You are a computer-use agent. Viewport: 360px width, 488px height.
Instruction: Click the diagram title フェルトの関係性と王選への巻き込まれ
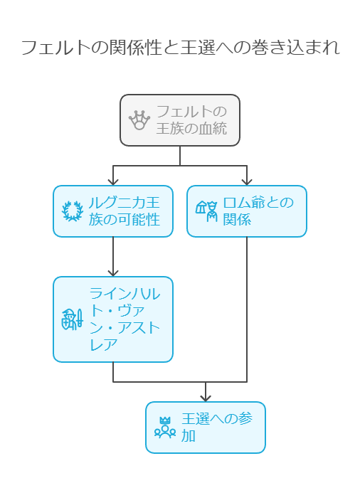point(180,48)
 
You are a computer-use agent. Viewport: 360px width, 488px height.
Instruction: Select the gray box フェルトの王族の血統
point(180,120)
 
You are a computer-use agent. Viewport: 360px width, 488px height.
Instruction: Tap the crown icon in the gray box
point(139,120)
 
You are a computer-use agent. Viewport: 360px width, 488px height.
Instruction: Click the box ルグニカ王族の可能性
point(113,211)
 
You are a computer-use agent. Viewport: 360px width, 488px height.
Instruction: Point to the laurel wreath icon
point(73,211)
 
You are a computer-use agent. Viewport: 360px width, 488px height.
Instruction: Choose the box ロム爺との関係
point(247,211)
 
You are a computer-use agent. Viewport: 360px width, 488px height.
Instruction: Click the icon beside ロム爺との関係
point(206,211)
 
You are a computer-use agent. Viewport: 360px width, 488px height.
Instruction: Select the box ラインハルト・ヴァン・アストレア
point(113,319)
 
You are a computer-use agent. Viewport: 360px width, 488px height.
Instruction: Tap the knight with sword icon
point(73,319)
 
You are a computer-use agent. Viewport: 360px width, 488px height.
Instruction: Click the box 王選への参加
point(206,428)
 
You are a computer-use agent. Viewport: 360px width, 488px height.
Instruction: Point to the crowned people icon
point(165,428)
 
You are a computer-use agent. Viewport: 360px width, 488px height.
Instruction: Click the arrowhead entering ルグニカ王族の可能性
point(113,182)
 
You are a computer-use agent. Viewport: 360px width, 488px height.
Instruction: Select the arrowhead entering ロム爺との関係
point(247,182)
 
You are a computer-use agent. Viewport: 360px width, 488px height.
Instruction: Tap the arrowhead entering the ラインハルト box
point(113,273)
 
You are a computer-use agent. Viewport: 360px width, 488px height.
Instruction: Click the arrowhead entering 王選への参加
point(206,398)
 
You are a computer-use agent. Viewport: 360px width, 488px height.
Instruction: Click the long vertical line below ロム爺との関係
point(247,309)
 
